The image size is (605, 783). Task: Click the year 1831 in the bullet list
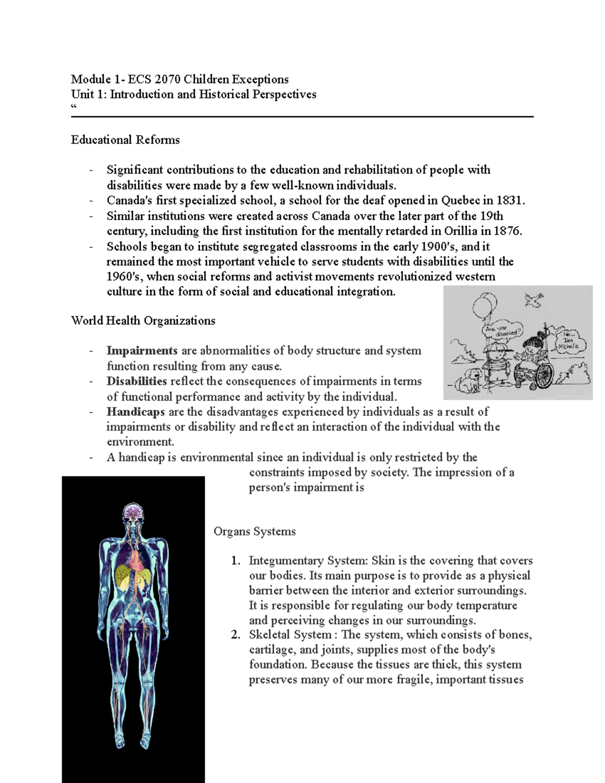[509, 201]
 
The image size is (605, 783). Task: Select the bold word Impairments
[142, 351]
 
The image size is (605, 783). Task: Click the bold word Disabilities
[137, 381]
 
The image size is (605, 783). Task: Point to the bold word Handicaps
[136, 412]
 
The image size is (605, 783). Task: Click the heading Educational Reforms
[125, 140]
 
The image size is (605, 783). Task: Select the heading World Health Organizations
[143, 321]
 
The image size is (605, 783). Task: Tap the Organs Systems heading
[255, 531]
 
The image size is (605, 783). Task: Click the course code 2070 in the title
[168, 79]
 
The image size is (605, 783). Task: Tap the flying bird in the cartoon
[533, 300]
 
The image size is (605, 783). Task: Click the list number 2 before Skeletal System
[235, 635]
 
